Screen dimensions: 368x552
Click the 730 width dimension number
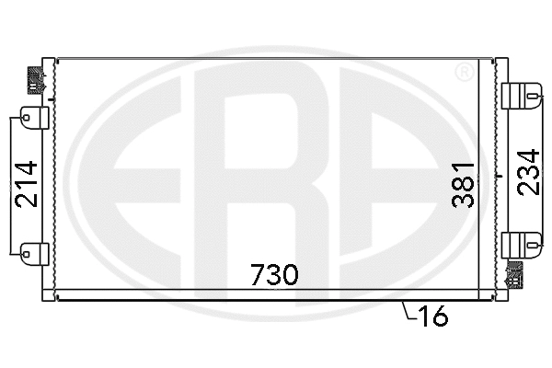pyautogui.click(x=274, y=274)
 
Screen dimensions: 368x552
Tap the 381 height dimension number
pyautogui.click(x=463, y=183)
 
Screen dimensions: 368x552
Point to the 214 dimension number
pyautogui.click(x=26, y=183)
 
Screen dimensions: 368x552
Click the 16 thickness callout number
pyautogui.click(x=432, y=317)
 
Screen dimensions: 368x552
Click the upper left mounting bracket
pyautogui.click(x=32, y=116)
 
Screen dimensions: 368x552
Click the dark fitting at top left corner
pyautogui.click(x=37, y=77)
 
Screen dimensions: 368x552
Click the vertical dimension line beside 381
pyautogui.click(x=498, y=175)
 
